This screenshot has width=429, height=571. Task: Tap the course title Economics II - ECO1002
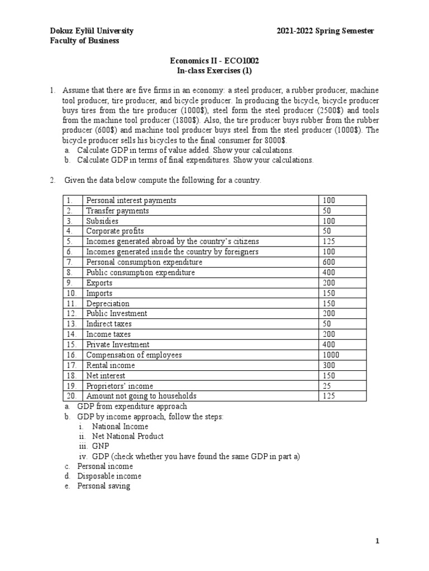pyautogui.click(x=214, y=61)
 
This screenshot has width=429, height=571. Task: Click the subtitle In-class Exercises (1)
pyautogui.click(x=214, y=71)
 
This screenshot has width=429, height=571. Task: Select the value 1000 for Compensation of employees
pyautogui.click(x=331, y=355)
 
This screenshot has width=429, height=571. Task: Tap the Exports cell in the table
pyautogui.click(x=99, y=283)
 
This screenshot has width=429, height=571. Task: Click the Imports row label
pyautogui.click(x=99, y=293)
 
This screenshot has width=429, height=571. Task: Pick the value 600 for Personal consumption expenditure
pyautogui.click(x=328, y=262)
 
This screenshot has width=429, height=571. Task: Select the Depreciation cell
pyautogui.click(x=107, y=303)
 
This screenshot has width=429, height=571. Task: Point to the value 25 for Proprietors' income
pyautogui.click(x=326, y=386)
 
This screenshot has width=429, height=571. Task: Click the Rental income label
pyautogui.click(x=110, y=365)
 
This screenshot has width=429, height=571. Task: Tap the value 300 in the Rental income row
pyautogui.click(x=328, y=365)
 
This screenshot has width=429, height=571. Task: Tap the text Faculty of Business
pyautogui.click(x=84, y=41)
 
